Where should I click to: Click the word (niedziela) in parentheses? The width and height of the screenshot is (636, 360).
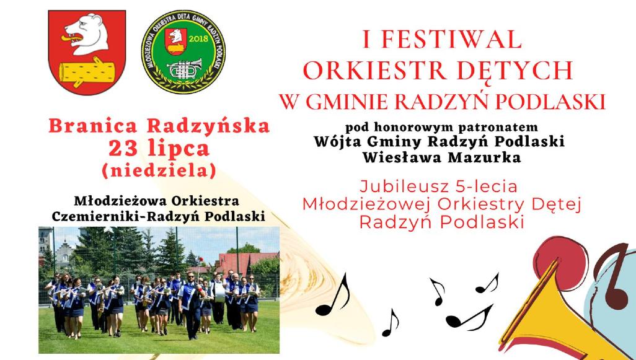pos(159,170)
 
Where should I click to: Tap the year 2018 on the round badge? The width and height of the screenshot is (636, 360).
pos(198,39)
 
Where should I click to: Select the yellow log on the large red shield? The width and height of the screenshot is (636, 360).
pos(87,72)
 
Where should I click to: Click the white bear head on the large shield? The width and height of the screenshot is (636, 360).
pos(87,35)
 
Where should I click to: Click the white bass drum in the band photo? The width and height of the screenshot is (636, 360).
pos(219,292)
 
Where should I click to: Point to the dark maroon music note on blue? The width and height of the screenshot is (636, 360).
pos(613,276)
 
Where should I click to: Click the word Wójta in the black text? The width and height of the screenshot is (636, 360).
pos(335,141)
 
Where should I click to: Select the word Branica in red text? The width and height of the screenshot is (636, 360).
pos(93,126)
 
